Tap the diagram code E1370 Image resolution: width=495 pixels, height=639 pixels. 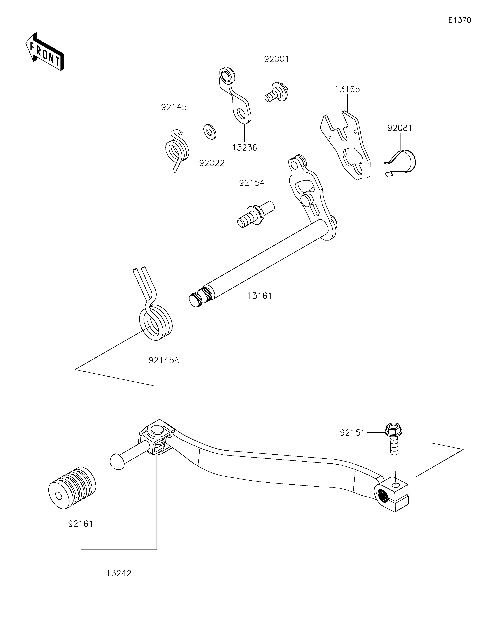[460, 20]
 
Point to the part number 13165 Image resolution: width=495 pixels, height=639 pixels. [347, 89]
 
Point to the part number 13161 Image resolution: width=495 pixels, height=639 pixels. [260, 296]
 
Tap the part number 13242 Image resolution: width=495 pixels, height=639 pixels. [119, 573]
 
